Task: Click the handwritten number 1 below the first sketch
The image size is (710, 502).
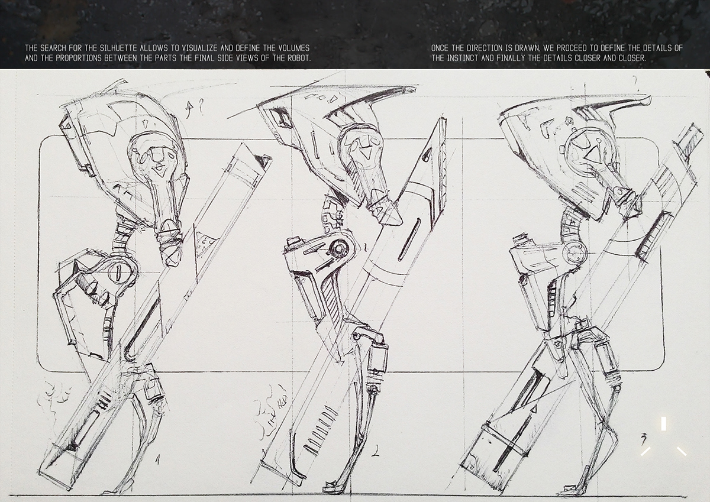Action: (x=157, y=458)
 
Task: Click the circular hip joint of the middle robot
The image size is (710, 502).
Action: (x=338, y=250)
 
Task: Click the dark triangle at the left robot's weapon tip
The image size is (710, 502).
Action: (x=261, y=159)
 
